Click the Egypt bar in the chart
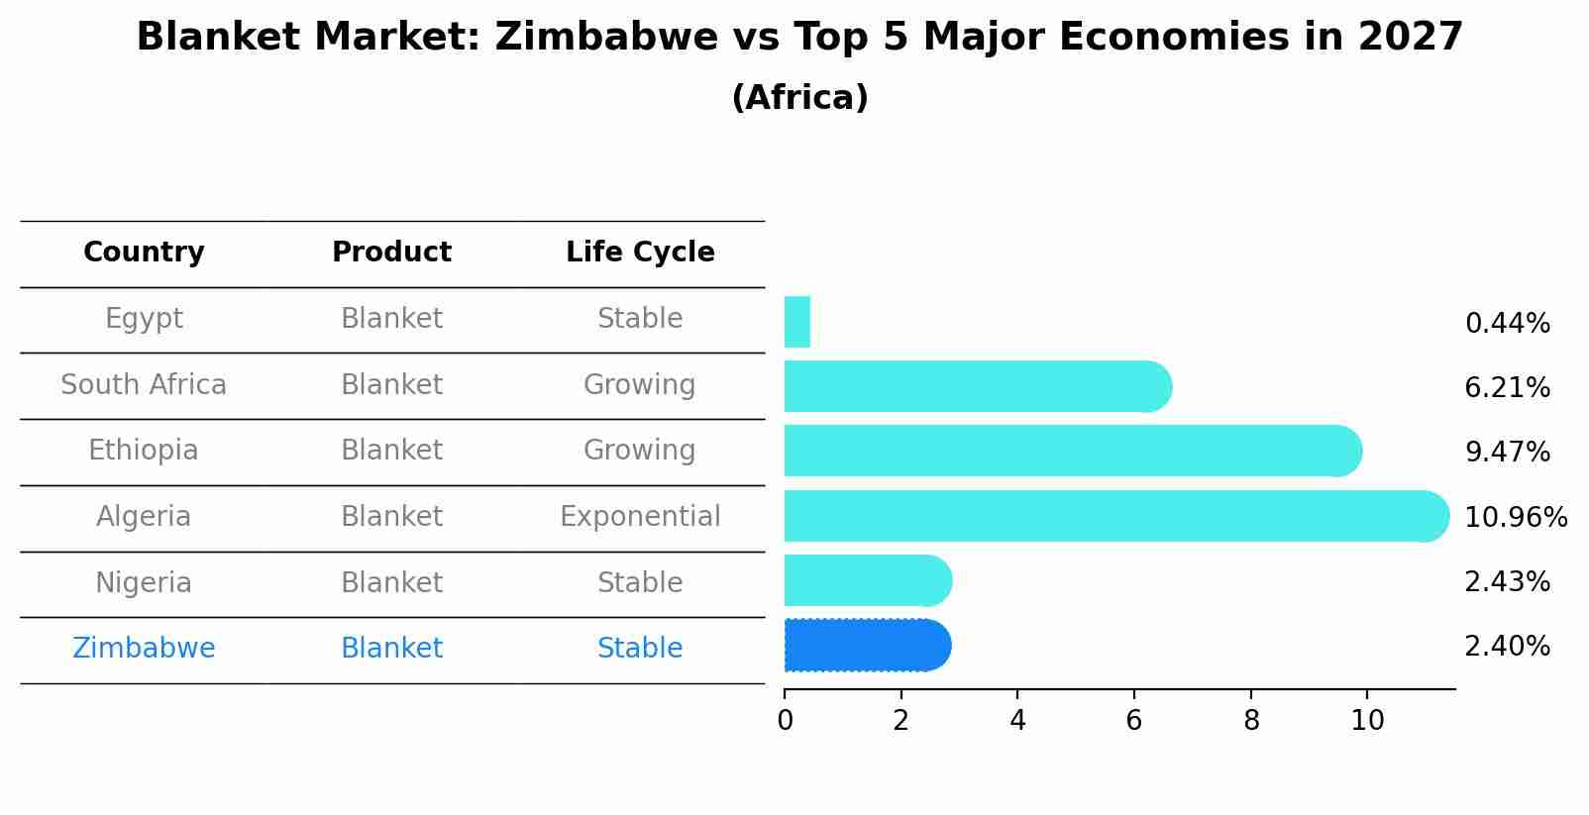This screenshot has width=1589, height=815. click(797, 322)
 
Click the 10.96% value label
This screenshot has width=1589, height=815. click(1515, 517)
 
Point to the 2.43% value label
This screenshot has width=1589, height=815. click(1507, 581)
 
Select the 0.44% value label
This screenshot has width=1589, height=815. click(1507, 323)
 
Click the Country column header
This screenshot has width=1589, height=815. click(144, 253)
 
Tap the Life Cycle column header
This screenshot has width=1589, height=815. click(640, 253)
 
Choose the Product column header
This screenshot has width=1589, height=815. click(391, 253)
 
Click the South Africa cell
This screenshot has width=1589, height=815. click(144, 384)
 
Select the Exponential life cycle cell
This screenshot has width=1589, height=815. click(640, 516)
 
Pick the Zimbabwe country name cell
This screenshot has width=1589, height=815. click(144, 648)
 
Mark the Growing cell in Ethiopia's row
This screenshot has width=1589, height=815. click(640, 450)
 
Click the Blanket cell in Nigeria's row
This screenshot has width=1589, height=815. click(391, 582)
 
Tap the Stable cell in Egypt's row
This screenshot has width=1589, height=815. click(640, 318)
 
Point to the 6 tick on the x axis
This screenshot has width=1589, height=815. click(1134, 720)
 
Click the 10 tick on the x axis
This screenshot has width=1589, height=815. click(1367, 720)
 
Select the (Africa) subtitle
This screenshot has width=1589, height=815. click(799, 98)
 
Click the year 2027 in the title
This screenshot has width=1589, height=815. click(1411, 38)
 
